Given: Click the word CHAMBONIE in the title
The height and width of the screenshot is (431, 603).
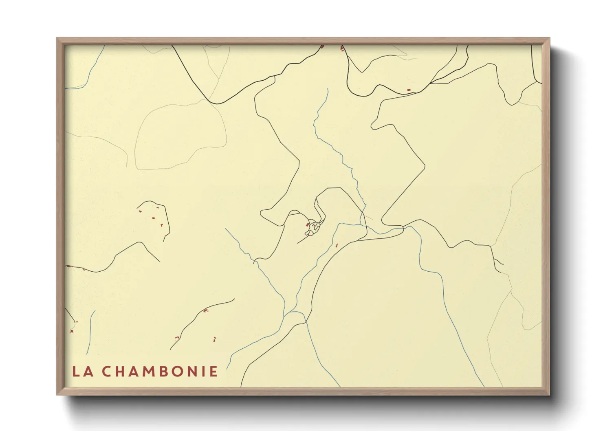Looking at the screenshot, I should pos(159,372).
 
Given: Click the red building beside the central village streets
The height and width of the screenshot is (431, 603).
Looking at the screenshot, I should pos(307,224).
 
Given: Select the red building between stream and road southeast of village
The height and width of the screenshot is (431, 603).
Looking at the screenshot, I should pos(337,245).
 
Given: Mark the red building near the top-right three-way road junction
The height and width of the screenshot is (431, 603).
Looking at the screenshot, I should pos(409,90).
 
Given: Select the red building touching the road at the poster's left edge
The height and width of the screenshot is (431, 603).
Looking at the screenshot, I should pos(68,266).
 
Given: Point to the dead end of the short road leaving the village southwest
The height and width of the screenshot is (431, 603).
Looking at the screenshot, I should pos(298,243).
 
